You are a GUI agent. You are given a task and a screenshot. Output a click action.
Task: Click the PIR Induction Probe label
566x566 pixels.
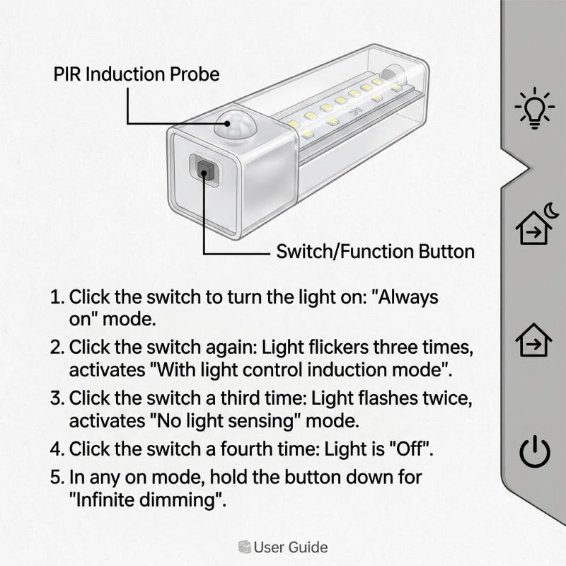[x=137, y=74]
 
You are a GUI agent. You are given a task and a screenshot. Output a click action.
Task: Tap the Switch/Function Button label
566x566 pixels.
[x=376, y=252]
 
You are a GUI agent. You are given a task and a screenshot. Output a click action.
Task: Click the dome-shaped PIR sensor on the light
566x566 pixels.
[x=235, y=125]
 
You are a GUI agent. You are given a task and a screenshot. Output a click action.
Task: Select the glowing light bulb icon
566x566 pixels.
[x=535, y=108]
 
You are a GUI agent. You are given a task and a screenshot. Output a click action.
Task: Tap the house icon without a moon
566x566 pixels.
[x=533, y=340]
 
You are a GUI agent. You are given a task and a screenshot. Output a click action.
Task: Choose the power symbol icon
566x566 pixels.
[x=535, y=451]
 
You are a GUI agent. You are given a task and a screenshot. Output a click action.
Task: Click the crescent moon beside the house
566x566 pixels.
[x=552, y=210]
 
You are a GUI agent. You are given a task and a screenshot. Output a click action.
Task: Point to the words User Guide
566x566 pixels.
[x=291, y=547]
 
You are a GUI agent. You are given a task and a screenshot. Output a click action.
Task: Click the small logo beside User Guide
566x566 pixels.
[x=244, y=547]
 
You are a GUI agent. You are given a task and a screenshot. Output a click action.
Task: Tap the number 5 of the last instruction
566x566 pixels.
[x=57, y=477]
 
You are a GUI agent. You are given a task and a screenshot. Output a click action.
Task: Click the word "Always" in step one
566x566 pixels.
[x=405, y=298]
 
